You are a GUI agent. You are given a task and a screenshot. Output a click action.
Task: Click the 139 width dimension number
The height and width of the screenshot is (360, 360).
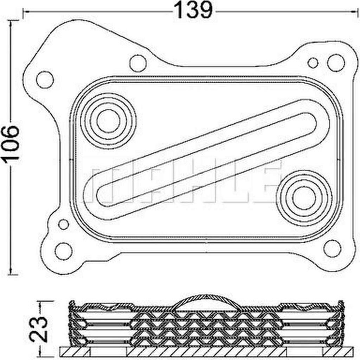[x=193, y=10]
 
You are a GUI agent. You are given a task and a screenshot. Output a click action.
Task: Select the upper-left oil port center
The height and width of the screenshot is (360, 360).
[x=108, y=121]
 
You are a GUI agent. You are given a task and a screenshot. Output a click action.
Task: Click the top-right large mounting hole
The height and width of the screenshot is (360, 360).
[x=336, y=63]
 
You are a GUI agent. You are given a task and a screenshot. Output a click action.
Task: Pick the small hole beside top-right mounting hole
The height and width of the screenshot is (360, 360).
[x=313, y=63]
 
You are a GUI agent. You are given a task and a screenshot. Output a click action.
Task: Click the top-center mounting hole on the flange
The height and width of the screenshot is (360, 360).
[x=138, y=63]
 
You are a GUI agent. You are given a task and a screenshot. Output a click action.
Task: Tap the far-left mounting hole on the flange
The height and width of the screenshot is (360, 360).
[x=45, y=80]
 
